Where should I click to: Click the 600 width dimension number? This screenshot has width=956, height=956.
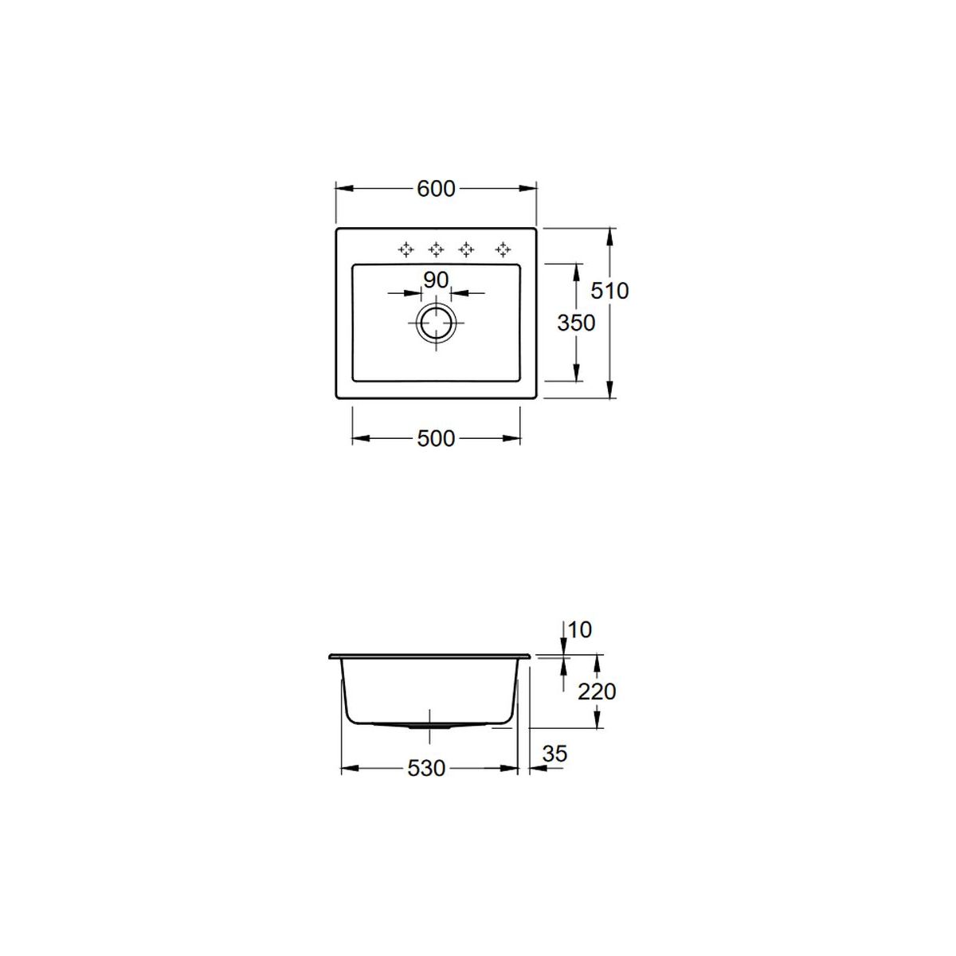click(436, 189)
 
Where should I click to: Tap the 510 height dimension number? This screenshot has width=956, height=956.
click(609, 291)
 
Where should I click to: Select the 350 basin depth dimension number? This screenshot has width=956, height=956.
click(576, 323)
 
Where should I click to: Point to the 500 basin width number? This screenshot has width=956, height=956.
click(436, 438)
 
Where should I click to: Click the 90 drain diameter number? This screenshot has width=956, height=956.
click(436, 280)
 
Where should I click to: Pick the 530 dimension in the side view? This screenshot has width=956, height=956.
click(426, 769)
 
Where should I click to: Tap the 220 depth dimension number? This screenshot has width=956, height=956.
click(597, 692)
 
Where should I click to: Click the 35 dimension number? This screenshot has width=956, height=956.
click(554, 754)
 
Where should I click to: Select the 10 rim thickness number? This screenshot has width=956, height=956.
click(579, 630)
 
